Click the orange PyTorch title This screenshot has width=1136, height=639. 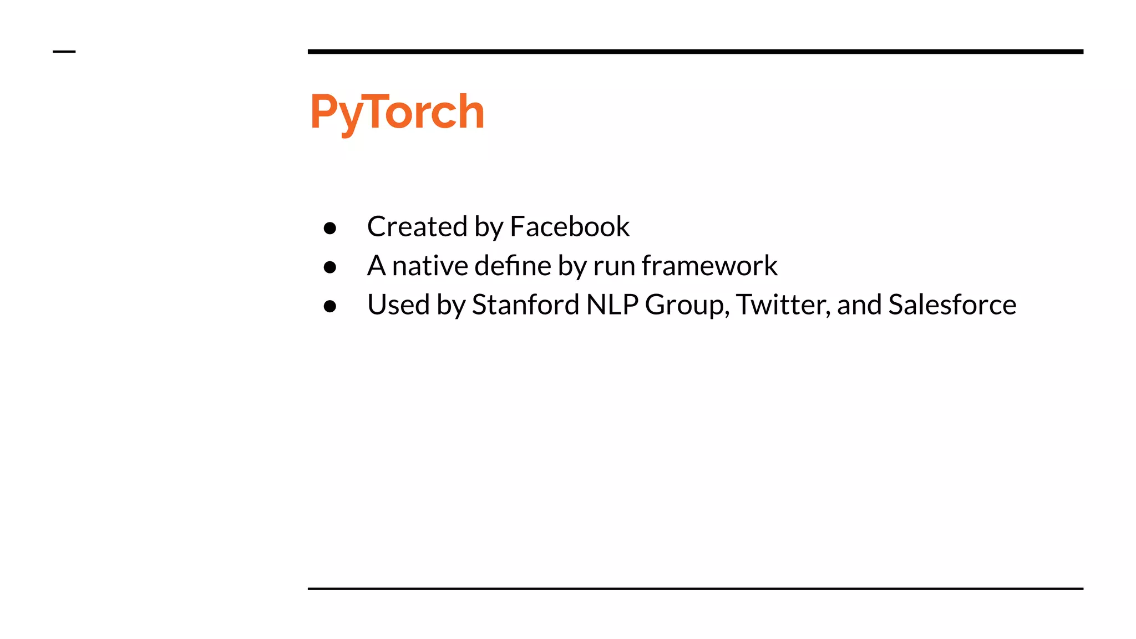[x=397, y=113]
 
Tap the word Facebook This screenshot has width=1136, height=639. [x=570, y=226]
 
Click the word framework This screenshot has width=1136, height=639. [x=709, y=266]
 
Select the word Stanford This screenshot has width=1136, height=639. [x=525, y=305]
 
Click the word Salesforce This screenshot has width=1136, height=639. [x=952, y=305]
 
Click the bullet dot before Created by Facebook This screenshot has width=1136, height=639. [x=330, y=228]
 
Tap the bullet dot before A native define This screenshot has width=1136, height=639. [x=330, y=267]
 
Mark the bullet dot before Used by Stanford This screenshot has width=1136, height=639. [x=330, y=306]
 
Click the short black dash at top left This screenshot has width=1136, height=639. [x=64, y=52]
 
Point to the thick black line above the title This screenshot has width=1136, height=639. [x=695, y=52]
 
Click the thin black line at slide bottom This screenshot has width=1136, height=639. [x=695, y=589]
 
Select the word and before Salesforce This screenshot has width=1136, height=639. [x=859, y=305]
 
